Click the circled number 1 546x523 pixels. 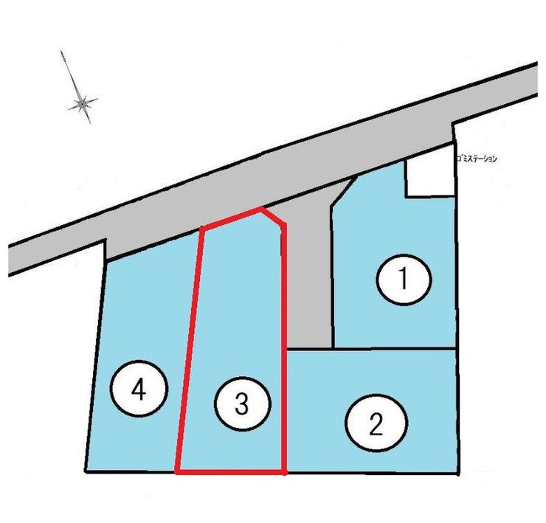tap(404, 280)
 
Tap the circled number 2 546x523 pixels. tap(376, 423)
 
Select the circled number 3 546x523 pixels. tap(242, 403)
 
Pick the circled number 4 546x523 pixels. tap(139, 388)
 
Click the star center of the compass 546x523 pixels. tap(83, 103)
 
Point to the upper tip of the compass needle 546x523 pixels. tap(61, 51)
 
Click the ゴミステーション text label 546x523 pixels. tap(477, 159)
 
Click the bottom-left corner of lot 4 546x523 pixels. tap(86, 471)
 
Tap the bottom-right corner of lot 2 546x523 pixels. tap(457, 474)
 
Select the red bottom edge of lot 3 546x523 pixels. tap(230, 472)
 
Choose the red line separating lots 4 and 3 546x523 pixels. tap(190, 350)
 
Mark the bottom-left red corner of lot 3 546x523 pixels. tap(177, 472)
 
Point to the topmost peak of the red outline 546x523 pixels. tap(260, 208)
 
